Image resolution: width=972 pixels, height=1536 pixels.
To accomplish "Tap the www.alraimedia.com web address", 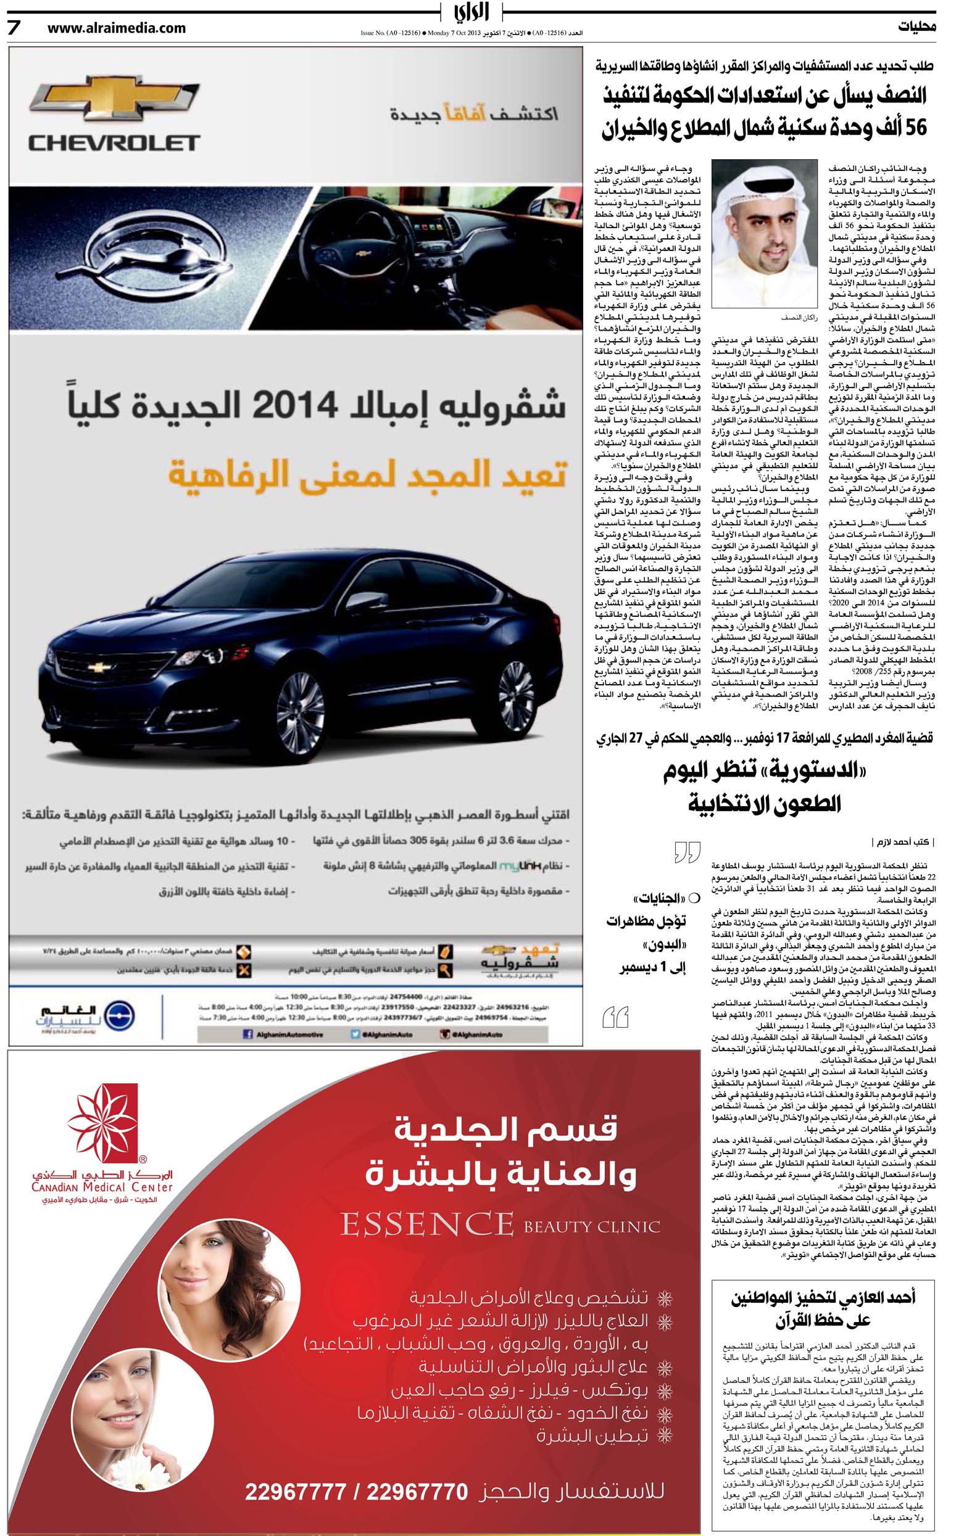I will pos(116,28).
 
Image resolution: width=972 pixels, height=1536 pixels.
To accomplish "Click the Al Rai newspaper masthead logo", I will pos(472,13).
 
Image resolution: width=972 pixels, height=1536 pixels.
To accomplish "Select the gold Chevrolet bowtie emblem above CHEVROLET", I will pos(114,99).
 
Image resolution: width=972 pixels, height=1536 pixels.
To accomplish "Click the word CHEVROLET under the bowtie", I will pos(114,143).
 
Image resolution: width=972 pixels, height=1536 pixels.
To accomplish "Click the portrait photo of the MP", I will pos(764,234).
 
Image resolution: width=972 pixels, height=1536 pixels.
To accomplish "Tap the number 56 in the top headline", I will pos(915,128).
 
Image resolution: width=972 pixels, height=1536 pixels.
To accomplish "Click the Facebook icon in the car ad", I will pos(247,1034).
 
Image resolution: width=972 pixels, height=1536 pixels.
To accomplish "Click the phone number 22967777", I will pos(295,1492).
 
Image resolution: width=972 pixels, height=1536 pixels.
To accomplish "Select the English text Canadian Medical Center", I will pos(102,1187).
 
